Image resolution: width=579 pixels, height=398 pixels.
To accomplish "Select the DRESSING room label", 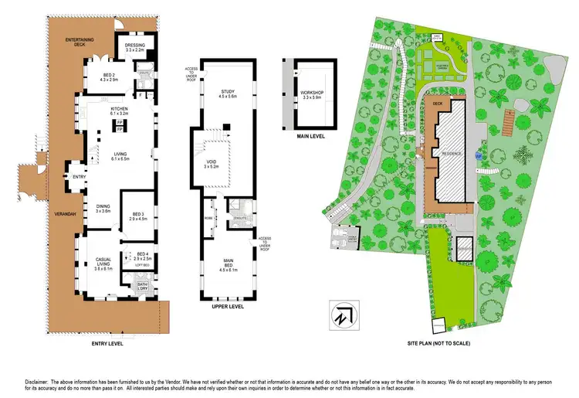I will click(x=134, y=46).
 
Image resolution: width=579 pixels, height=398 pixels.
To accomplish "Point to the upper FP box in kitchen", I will click(x=119, y=123).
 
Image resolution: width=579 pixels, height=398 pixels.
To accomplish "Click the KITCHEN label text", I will click(x=119, y=110).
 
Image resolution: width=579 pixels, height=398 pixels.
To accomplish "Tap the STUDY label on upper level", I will click(x=227, y=92).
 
